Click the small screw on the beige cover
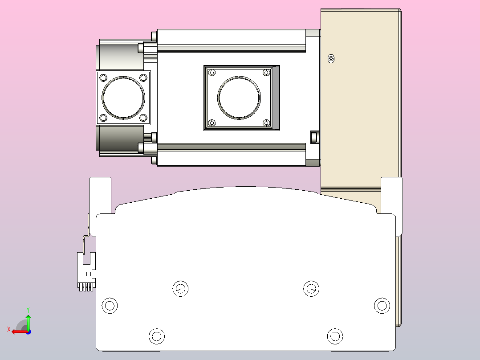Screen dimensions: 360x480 pyautogui.click(x=331, y=59)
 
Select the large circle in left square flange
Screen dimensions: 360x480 pyautogui.click(x=123, y=98)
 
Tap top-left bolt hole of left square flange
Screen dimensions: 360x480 pyautogui.click(x=104, y=78)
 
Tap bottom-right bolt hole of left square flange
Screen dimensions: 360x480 pyautogui.click(x=143, y=118)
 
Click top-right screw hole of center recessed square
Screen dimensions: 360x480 pyautogui.click(x=267, y=72)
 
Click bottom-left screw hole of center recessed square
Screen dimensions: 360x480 pyautogui.click(x=212, y=123)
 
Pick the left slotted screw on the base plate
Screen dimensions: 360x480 pyautogui.click(x=180, y=289)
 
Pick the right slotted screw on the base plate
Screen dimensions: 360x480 pyautogui.click(x=311, y=289)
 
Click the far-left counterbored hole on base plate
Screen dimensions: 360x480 pyautogui.click(x=110, y=306)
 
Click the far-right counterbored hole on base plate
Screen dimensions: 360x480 pyautogui.click(x=382, y=306)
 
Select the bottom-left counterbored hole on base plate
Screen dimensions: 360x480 pyautogui.click(x=156, y=336)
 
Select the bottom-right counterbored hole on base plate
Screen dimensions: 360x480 pyautogui.click(x=335, y=336)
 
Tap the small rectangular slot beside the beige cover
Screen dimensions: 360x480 pyautogui.click(x=315, y=137)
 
